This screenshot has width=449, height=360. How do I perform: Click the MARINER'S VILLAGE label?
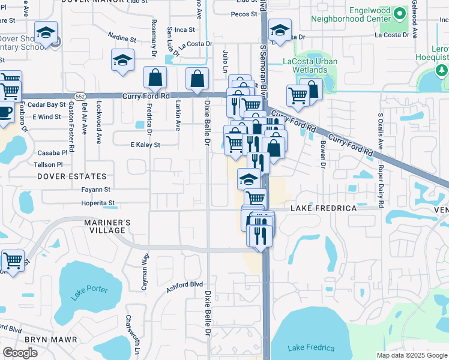tap(103, 227)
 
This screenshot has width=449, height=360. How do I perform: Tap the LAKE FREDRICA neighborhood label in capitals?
tap(324, 208)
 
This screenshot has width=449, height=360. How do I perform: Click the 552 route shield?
tap(80, 96)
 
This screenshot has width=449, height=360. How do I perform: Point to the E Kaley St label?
tap(145, 145)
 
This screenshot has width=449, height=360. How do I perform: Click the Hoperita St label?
tap(98, 203)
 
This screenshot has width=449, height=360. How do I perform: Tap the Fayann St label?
tap(96, 190)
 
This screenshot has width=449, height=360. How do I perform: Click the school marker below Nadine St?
tap(122, 60)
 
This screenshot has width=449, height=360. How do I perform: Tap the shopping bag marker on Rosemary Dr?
tap(155, 78)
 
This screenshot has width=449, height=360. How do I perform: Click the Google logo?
tap(20, 353)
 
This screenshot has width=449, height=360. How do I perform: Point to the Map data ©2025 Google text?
tap(411, 355)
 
